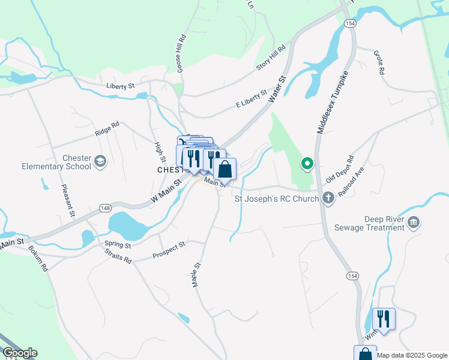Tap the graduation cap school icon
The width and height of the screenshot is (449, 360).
click(100, 161)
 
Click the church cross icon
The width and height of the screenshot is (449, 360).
click(328, 198)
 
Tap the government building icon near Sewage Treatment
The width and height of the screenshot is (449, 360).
click(414, 223)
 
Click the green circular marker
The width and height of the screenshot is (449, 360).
click(307, 163)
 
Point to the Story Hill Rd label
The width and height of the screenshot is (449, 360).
click(271, 58)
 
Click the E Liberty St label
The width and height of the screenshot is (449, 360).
click(251, 99)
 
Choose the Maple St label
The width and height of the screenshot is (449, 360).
click(196, 274)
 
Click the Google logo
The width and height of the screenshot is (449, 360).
click(19, 353)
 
